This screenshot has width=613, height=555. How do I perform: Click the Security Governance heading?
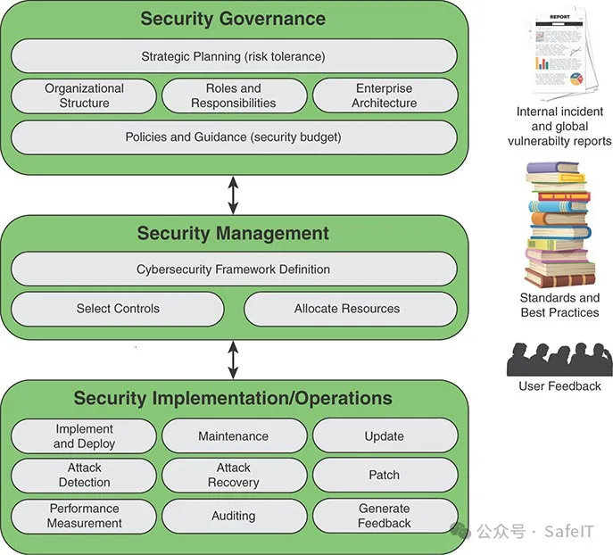tap(233, 19)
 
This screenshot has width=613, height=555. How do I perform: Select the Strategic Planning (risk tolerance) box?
tap(233, 57)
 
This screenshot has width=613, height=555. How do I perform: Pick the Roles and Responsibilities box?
tap(233, 95)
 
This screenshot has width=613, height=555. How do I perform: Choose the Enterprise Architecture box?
tap(385, 95)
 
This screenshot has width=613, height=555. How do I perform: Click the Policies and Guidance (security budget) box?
tap(233, 137)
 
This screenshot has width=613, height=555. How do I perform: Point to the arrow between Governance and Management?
tap(234, 195)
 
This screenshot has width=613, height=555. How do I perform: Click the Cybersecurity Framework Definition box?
tap(233, 269)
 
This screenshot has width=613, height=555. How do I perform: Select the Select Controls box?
tap(118, 309)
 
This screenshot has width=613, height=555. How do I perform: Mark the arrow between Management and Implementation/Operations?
tap(234, 359)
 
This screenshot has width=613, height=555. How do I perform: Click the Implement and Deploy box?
tap(85, 436)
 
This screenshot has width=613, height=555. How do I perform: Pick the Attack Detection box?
tap(85, 475)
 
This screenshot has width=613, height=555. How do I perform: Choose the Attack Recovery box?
tap(234, 475)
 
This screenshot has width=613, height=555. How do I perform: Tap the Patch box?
tap(384, 475)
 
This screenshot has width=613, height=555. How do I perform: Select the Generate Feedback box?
tap(384, 515)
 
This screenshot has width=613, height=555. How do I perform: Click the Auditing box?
tap(234, 515)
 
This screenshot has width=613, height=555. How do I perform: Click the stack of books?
tap(560, 223)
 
